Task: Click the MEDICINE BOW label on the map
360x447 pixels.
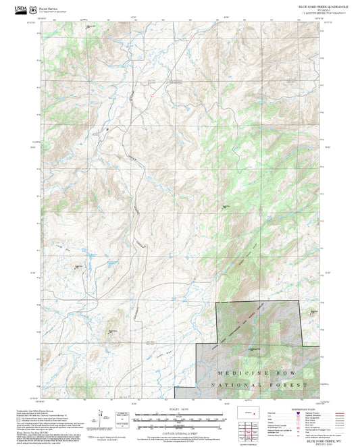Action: [x=257, y=373]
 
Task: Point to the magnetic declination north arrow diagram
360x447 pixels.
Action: [x=103, y=416]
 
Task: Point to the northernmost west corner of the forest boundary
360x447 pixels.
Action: [x=216, y=303]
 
